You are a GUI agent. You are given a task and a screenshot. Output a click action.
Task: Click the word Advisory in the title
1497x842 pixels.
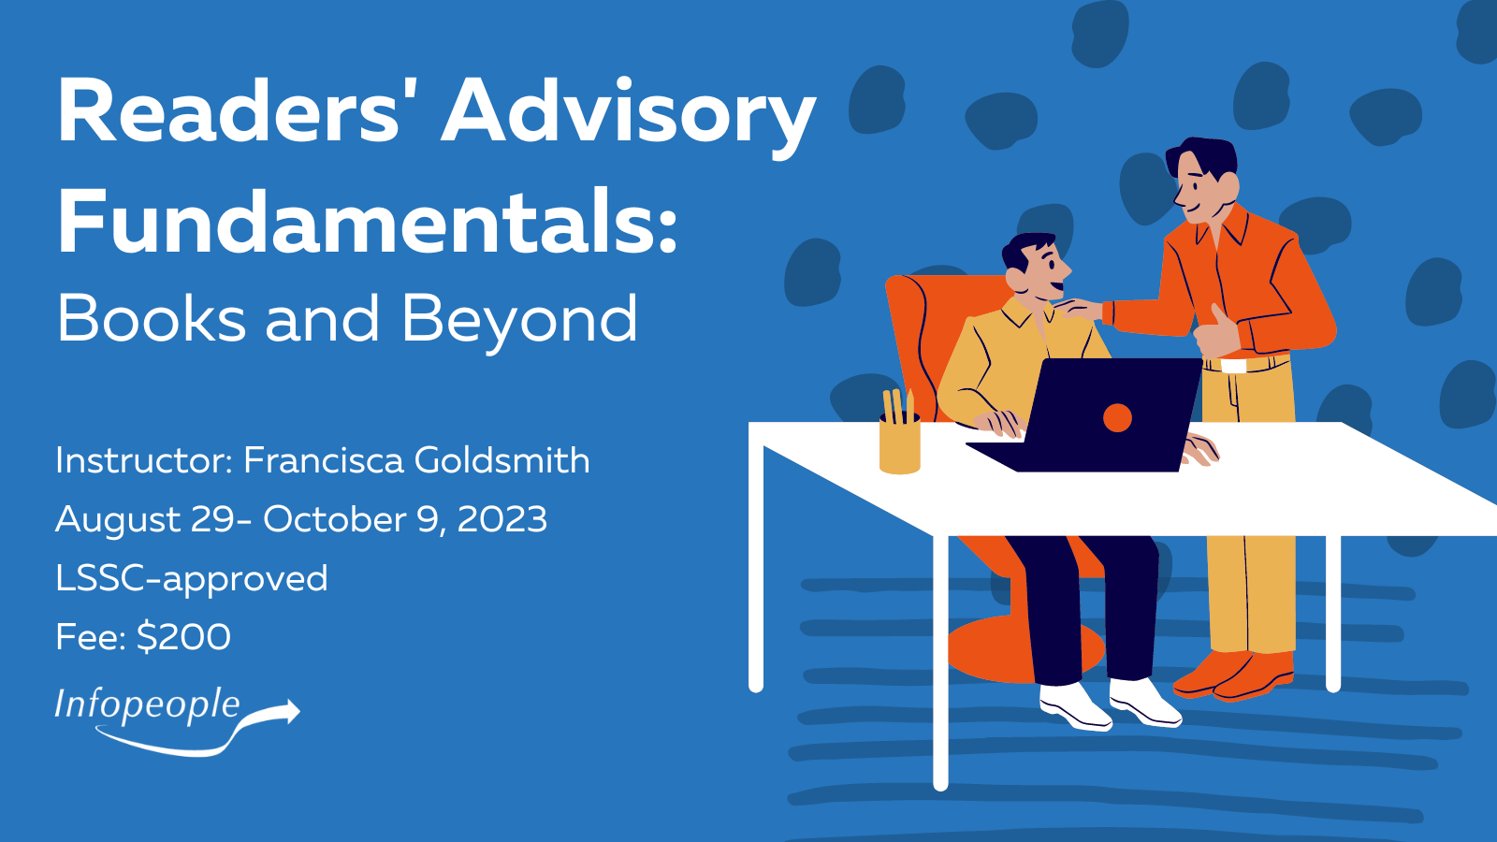click(628, 113)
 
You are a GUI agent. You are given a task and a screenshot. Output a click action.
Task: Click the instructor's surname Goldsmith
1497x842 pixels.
click(501, 460)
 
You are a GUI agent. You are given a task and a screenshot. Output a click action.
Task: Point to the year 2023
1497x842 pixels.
click(501, 519)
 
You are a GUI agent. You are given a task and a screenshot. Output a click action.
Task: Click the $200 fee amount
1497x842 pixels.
click(183, 636)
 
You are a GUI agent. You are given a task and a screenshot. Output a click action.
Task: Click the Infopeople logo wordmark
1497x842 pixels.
click(147, 705)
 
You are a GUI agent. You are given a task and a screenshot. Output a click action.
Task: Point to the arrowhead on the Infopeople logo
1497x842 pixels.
click(291, 711)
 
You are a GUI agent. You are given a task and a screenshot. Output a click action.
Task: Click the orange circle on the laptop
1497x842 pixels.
click(1117, 417)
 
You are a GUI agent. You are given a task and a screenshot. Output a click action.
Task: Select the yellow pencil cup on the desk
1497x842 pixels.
click(899, 443)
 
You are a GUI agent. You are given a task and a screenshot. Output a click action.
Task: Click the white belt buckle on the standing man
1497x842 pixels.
click(1233, 366)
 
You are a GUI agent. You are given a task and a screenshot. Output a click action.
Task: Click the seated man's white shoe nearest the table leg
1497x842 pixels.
click(1075, 706)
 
